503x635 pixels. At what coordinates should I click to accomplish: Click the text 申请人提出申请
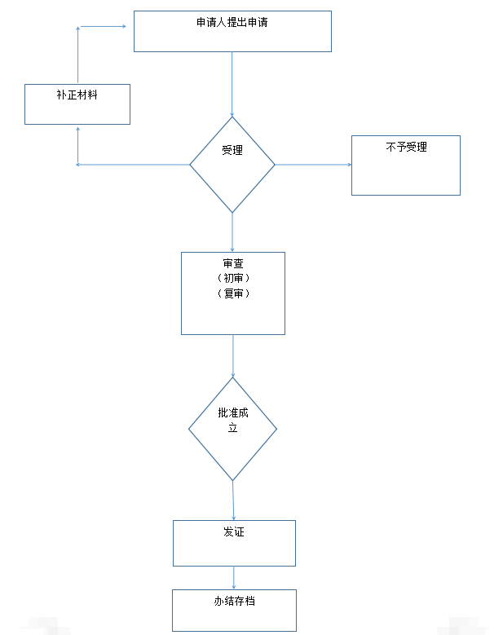(x=232, y=22)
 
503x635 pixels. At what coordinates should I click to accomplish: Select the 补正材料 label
(x=77, y=95)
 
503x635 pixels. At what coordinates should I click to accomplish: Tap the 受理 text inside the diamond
(x=232, y=150)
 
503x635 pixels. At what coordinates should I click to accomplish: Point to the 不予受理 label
(x=406, y=147)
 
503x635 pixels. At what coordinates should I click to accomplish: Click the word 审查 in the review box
(x=233, y=263)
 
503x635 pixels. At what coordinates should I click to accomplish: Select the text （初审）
(x=233, y=278)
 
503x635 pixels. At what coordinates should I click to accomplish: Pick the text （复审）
(x=233, y=293)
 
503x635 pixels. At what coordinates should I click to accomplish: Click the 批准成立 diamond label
(x=233, y=420)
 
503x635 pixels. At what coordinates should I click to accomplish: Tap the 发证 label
(x=234, y=531)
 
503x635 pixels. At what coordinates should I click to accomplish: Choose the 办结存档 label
(x=235, y=601)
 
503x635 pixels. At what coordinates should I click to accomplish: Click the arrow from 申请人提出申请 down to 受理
(x=232, y=84)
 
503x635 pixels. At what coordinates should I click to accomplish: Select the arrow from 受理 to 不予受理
(x=313, y=165)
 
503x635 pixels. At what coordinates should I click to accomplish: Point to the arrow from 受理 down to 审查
(x=232, y=232)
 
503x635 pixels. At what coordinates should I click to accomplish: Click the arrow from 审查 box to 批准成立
(x=233, y=356)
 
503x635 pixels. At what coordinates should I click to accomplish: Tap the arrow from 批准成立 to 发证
(x=233, y=501)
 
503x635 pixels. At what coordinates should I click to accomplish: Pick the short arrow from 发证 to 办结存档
(x=234, y=578)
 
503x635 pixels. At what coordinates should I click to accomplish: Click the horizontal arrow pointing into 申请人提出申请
(x=104, y=27)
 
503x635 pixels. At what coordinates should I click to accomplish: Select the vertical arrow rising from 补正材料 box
(x=77, y=55)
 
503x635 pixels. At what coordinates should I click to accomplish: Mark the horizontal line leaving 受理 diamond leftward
(x=133, y=165)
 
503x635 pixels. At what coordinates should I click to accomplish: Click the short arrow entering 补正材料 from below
(x=77, y=146)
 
